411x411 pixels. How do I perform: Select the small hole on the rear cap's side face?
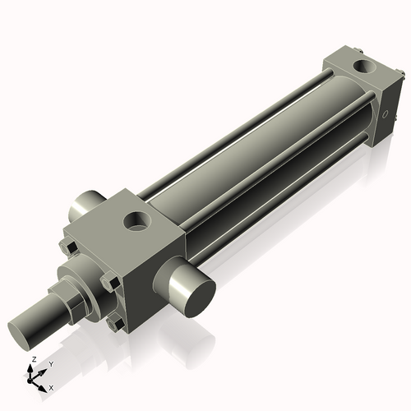[x=383, y=114]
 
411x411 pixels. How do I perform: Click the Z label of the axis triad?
[x=32, y=359]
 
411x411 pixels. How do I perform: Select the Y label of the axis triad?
[x=50, y=363]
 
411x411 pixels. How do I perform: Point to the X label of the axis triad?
[x=52, y=386]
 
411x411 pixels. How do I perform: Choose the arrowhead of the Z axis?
[x=32, y=367]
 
